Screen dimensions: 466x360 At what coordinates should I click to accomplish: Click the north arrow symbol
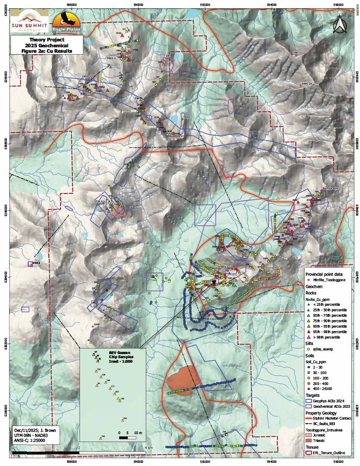pyautogui.click(x=339, y=24)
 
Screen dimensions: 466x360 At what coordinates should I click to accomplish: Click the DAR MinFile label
pyautogui.click(x=96, y=324)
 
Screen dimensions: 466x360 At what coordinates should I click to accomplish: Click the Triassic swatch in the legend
pyautogui.click(x=309, y=440)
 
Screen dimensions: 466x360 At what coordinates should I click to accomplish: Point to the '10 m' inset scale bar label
pyautogui.click(x=138, y=433)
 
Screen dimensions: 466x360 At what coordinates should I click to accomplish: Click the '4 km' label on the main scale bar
pyautogui.click(x=148, y=448)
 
